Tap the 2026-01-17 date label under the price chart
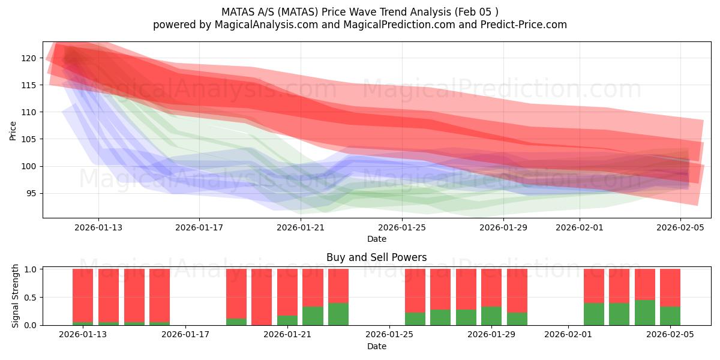coord(199,227)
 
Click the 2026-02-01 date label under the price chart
coord(579,227)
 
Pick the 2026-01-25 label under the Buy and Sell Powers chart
coord(390,335)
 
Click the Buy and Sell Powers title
coord(376,257)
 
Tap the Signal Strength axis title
coord(16,296)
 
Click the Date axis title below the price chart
coord(376,239)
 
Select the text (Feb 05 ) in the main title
coord(477,11)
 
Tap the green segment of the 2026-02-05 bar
coord(670,316)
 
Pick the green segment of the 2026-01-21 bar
coord(287,320)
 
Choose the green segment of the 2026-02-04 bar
coord(645,312)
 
